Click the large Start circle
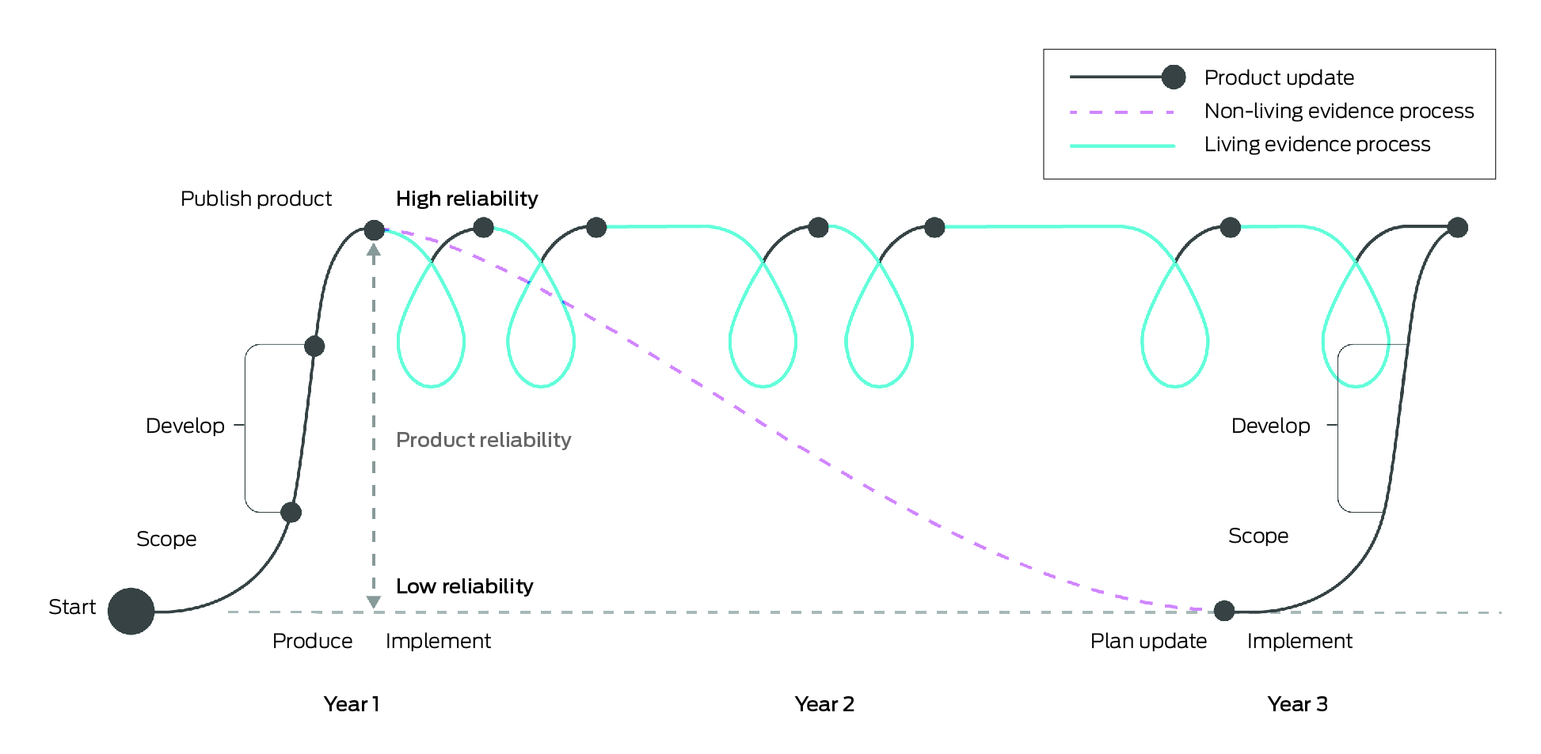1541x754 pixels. click(x=131, y=611)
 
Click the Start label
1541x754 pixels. click(x=72, y=607)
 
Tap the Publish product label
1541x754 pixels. click(x=256, y=199)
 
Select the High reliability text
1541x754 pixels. click(x=466, y=199)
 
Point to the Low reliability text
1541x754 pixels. click(x=464, y=586)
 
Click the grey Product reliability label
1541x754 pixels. click(x=483, y=440)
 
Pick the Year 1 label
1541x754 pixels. click(x=352, y=704)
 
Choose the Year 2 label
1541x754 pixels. click(x=824, y=704)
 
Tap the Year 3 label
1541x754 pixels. click(x=1297, y=704)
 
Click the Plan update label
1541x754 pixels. click(x=1148, y=641)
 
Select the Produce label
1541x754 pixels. click(x=312, y=641)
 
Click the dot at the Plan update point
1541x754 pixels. click(x=1224, y=611)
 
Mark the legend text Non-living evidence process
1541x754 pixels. click(x=1338, y=111)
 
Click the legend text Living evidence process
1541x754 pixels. click(x=1317, y=144)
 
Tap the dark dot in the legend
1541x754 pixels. click(x=1174, y=77)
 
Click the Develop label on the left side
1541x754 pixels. click(x=185, y=426)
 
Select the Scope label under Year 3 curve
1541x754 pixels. click(x=1258, y=536)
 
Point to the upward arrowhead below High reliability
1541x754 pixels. click(x=374, y=250)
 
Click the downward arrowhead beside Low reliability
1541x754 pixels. click(x=374, y=602)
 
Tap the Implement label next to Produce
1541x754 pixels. click(x=438, y=641)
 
